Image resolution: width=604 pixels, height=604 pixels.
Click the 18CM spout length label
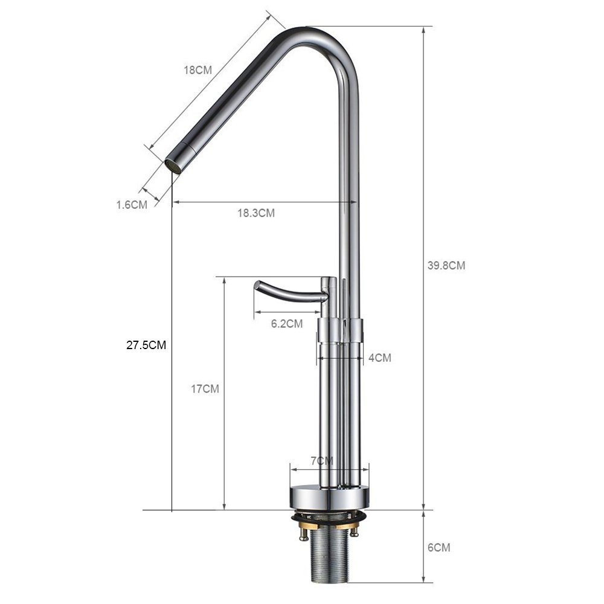click(198, 69)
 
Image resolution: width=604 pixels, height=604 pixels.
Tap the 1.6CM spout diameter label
click(132, 204)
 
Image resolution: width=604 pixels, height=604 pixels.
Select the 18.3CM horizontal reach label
click(256, 213)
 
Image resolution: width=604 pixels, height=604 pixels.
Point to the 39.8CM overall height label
click(446, 265)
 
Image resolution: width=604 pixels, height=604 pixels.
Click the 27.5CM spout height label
click(146, 345)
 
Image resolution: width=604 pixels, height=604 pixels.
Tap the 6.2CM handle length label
click(287, 324)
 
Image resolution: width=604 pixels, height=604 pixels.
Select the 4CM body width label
click(379, 358)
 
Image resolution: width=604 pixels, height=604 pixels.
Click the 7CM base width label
click(322, 461)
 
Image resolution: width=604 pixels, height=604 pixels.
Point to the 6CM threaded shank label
click(439, 548)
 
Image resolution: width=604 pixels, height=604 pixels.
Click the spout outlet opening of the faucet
click(173, 165)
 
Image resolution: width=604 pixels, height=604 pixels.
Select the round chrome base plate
click(329, 496)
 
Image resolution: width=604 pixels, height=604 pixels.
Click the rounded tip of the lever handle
click(258, 284)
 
